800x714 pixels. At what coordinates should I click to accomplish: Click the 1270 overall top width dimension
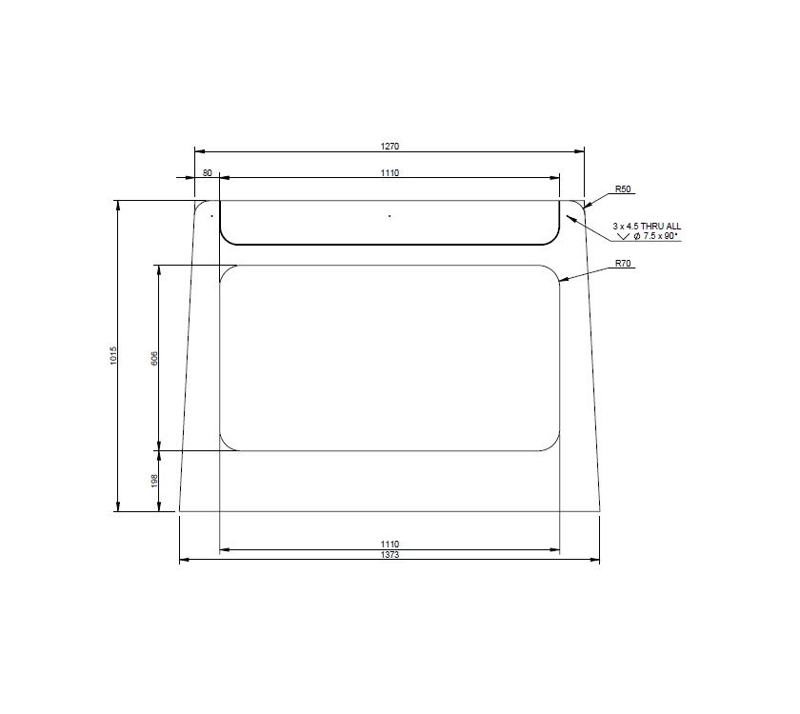(390, 146)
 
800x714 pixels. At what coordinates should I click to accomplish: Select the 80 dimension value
(208, 172)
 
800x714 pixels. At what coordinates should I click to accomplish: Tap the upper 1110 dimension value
(390, 172)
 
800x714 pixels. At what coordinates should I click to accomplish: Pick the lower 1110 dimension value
(390, 544)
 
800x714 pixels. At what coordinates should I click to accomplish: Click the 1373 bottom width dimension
(390, 554)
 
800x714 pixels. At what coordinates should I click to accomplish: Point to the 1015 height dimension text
(113, 356)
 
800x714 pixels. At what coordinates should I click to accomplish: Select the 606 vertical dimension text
(154, 358)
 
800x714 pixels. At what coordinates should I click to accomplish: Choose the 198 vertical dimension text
(154, 481)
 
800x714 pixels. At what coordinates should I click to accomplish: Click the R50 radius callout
(624, 189)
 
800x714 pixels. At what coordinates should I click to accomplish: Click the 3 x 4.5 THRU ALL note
(647, 226)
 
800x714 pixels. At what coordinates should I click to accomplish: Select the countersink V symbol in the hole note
(625, 235)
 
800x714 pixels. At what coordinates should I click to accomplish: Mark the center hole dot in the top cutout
(390, 216)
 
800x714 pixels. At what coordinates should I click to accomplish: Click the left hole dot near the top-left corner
(211, 216)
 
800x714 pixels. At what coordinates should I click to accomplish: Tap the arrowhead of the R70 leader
(562, 280)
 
